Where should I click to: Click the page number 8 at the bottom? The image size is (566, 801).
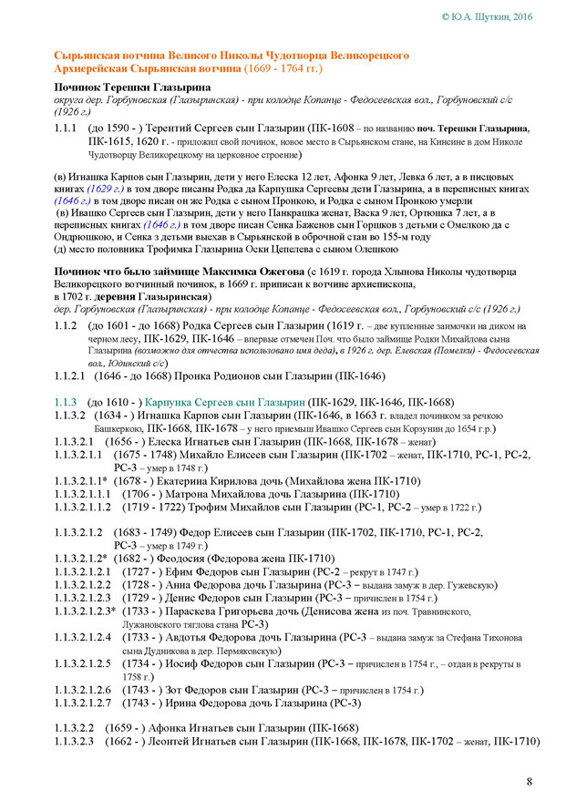[530, 781]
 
